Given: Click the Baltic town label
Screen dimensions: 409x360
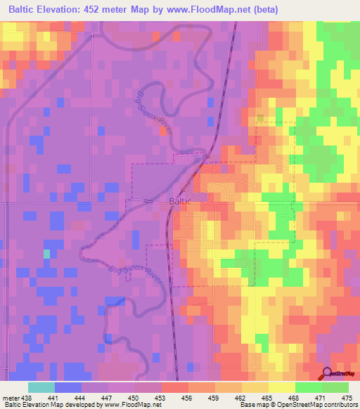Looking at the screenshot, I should tap(180, 201).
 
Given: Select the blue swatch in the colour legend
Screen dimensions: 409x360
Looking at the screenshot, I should tap(68, 387).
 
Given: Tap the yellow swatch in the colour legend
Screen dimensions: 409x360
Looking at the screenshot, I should tap(281, 387).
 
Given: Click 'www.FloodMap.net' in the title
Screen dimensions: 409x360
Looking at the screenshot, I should tap(215, 9).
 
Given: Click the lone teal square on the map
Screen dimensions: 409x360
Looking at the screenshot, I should tap(47, 253).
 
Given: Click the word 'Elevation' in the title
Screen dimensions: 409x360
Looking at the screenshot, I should tap(65, 9).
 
